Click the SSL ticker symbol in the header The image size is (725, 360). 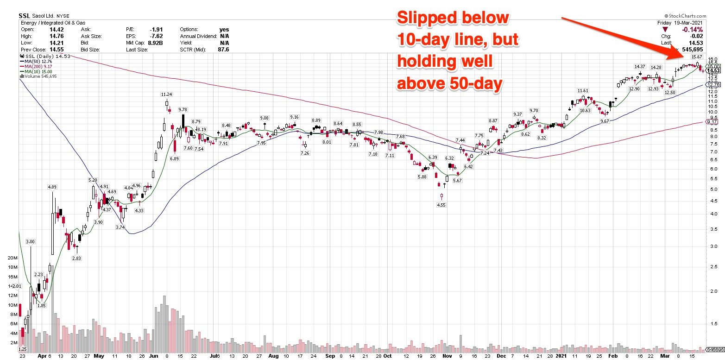point(25,16)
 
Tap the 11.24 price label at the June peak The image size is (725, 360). point(167,94)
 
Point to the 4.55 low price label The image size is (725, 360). point(441,205)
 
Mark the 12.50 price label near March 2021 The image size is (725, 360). point(670,93)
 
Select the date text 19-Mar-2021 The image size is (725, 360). point(690,22)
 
